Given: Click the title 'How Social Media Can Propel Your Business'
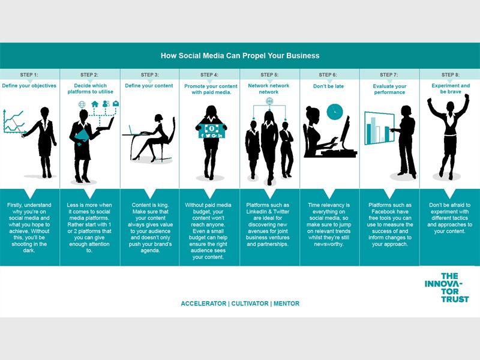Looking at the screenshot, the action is (x=240, y=56).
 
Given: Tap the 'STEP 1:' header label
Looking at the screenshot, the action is (x=29, y=74).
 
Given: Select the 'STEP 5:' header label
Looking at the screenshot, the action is (x=269, y=74).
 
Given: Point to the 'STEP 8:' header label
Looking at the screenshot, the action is (x=451, y=74).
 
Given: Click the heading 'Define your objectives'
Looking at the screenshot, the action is (x=29, y=86).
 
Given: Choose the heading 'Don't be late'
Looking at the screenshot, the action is (x=328, y=86).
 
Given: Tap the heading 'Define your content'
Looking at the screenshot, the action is (x=149, y=86).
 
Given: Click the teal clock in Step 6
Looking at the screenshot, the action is (x=335, y=112).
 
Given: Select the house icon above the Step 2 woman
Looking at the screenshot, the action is (x=95, y=104).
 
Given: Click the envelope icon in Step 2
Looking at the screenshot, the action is (x=116, y=104).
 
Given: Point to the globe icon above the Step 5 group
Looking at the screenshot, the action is (x=269, y=101).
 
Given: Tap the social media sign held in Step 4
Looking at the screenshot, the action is (x=211, y=130).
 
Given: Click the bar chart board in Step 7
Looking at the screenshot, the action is (x=379, y=128).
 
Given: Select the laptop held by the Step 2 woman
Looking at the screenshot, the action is (x=106, y=125).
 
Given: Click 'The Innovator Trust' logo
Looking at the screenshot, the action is (x=446, y=287).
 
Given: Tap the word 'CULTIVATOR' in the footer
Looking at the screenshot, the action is (x=250, y=304).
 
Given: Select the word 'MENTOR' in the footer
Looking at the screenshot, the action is (x=287, y=304).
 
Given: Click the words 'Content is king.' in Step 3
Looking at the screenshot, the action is (x=150, y=205).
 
